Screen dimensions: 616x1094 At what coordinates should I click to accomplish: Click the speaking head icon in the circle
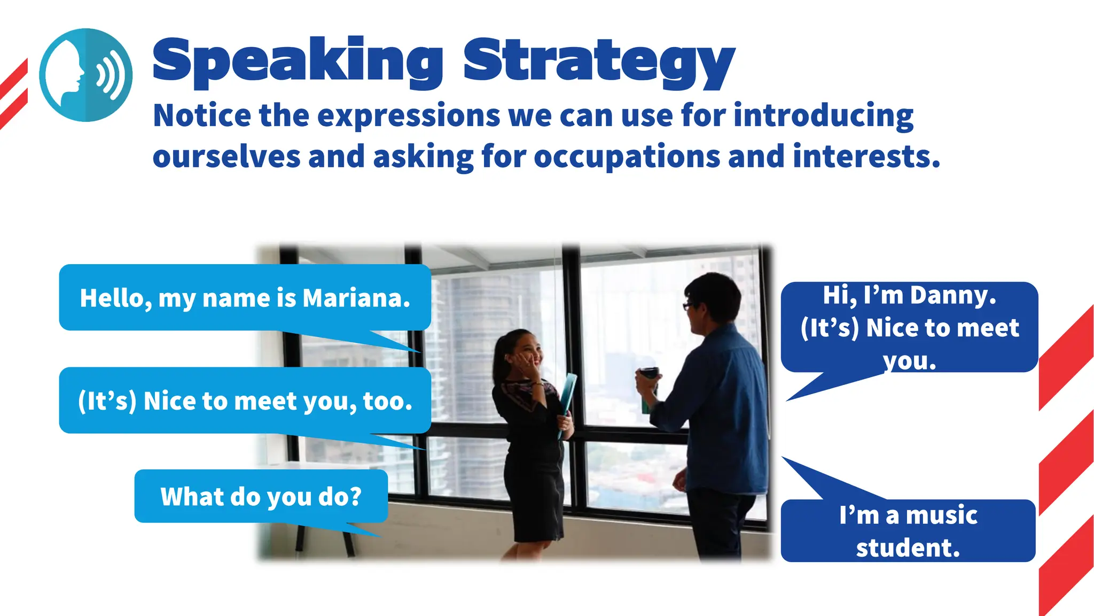pos(85,75)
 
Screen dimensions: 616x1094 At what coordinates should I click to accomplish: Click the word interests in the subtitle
pos(866,157)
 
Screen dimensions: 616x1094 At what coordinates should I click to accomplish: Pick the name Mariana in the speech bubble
pos(356,298)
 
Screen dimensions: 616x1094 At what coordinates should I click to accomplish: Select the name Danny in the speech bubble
pos(953,295)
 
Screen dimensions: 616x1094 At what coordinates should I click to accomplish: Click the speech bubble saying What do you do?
pos(261,497)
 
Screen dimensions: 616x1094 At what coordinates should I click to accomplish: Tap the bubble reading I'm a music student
pos(908,531)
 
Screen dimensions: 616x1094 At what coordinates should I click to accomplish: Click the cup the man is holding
pos(648,388)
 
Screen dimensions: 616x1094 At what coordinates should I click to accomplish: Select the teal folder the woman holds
pos(567,401)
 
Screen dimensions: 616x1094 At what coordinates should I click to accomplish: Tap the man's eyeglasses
pos(688,306)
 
